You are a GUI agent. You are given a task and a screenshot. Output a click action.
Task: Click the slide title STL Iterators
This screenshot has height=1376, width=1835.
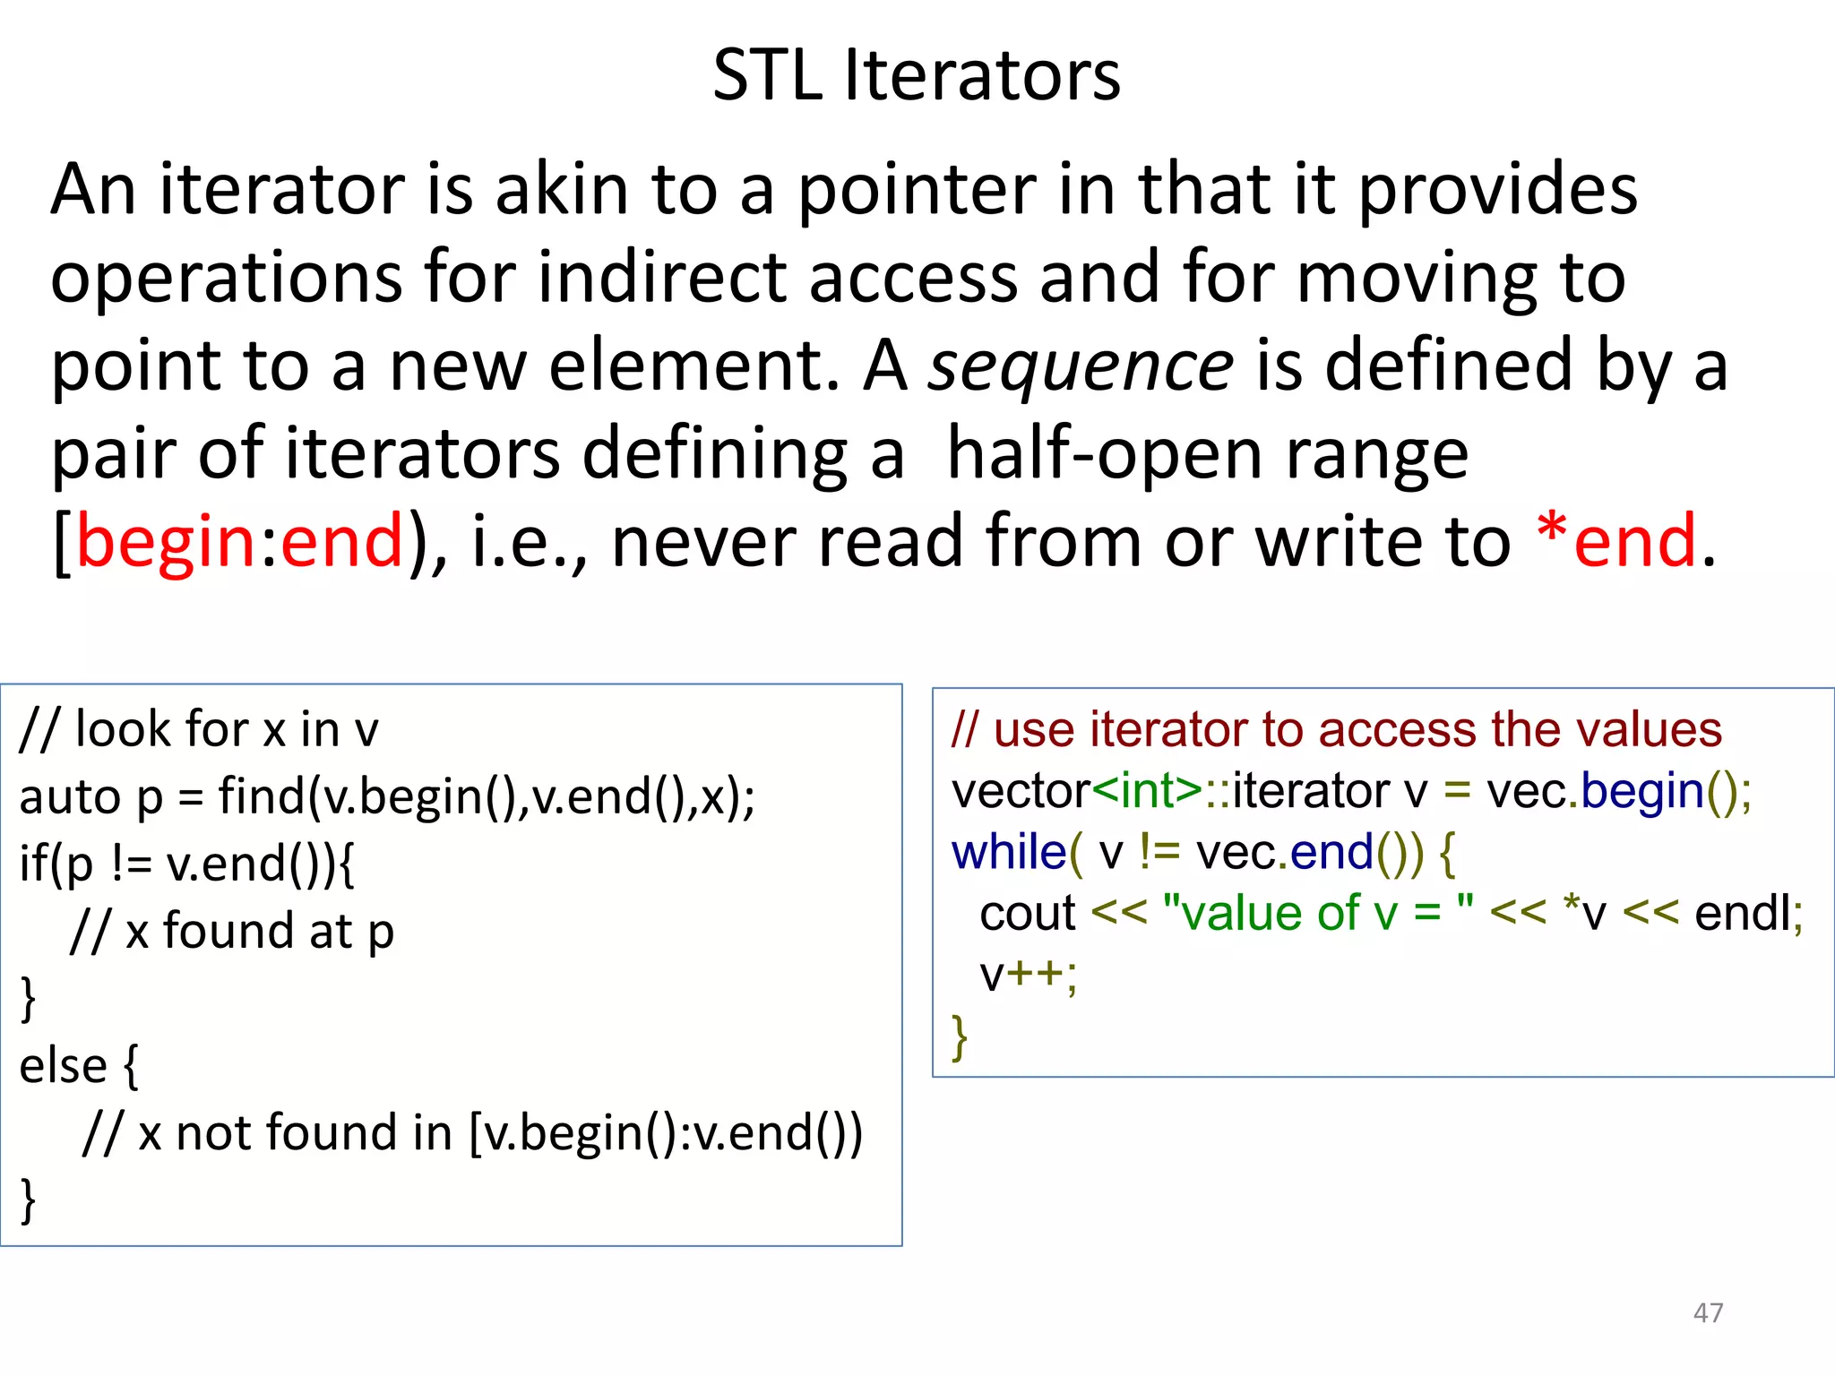pyautogui.click(x=916, y=75)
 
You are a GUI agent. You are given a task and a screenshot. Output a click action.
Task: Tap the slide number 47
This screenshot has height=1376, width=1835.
pyautogui.click(x=1708, y=1312)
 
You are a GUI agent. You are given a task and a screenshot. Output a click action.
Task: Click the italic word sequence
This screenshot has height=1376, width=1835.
pyautogui.click(x=1080, y=367)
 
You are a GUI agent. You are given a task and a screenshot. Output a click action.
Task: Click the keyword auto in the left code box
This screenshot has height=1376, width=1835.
pyautogui.click(x=70, y=797)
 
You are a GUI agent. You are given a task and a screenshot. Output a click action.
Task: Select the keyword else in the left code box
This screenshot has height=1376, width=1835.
pyautogui.click(x=63, y=1066)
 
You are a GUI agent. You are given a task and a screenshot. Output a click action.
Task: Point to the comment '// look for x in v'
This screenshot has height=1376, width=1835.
pyautogui.click(x=199, y=729)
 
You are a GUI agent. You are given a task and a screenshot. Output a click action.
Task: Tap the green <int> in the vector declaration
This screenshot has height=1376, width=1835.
pyautogui.click(x=1148, y=791)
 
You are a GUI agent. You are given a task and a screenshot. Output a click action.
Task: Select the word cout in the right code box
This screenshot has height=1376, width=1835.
pyautogui.click(x=1028, y=914)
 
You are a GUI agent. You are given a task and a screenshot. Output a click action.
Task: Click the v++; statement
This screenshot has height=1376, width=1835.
pyautogui.click(x=1029, y=976)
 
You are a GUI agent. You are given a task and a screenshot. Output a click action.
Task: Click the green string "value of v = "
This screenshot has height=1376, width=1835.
pyautogui.click(x=1318, y=914)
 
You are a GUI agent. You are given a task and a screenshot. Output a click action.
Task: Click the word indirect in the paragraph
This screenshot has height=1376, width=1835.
pyautogui.click(x=664, y=279)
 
